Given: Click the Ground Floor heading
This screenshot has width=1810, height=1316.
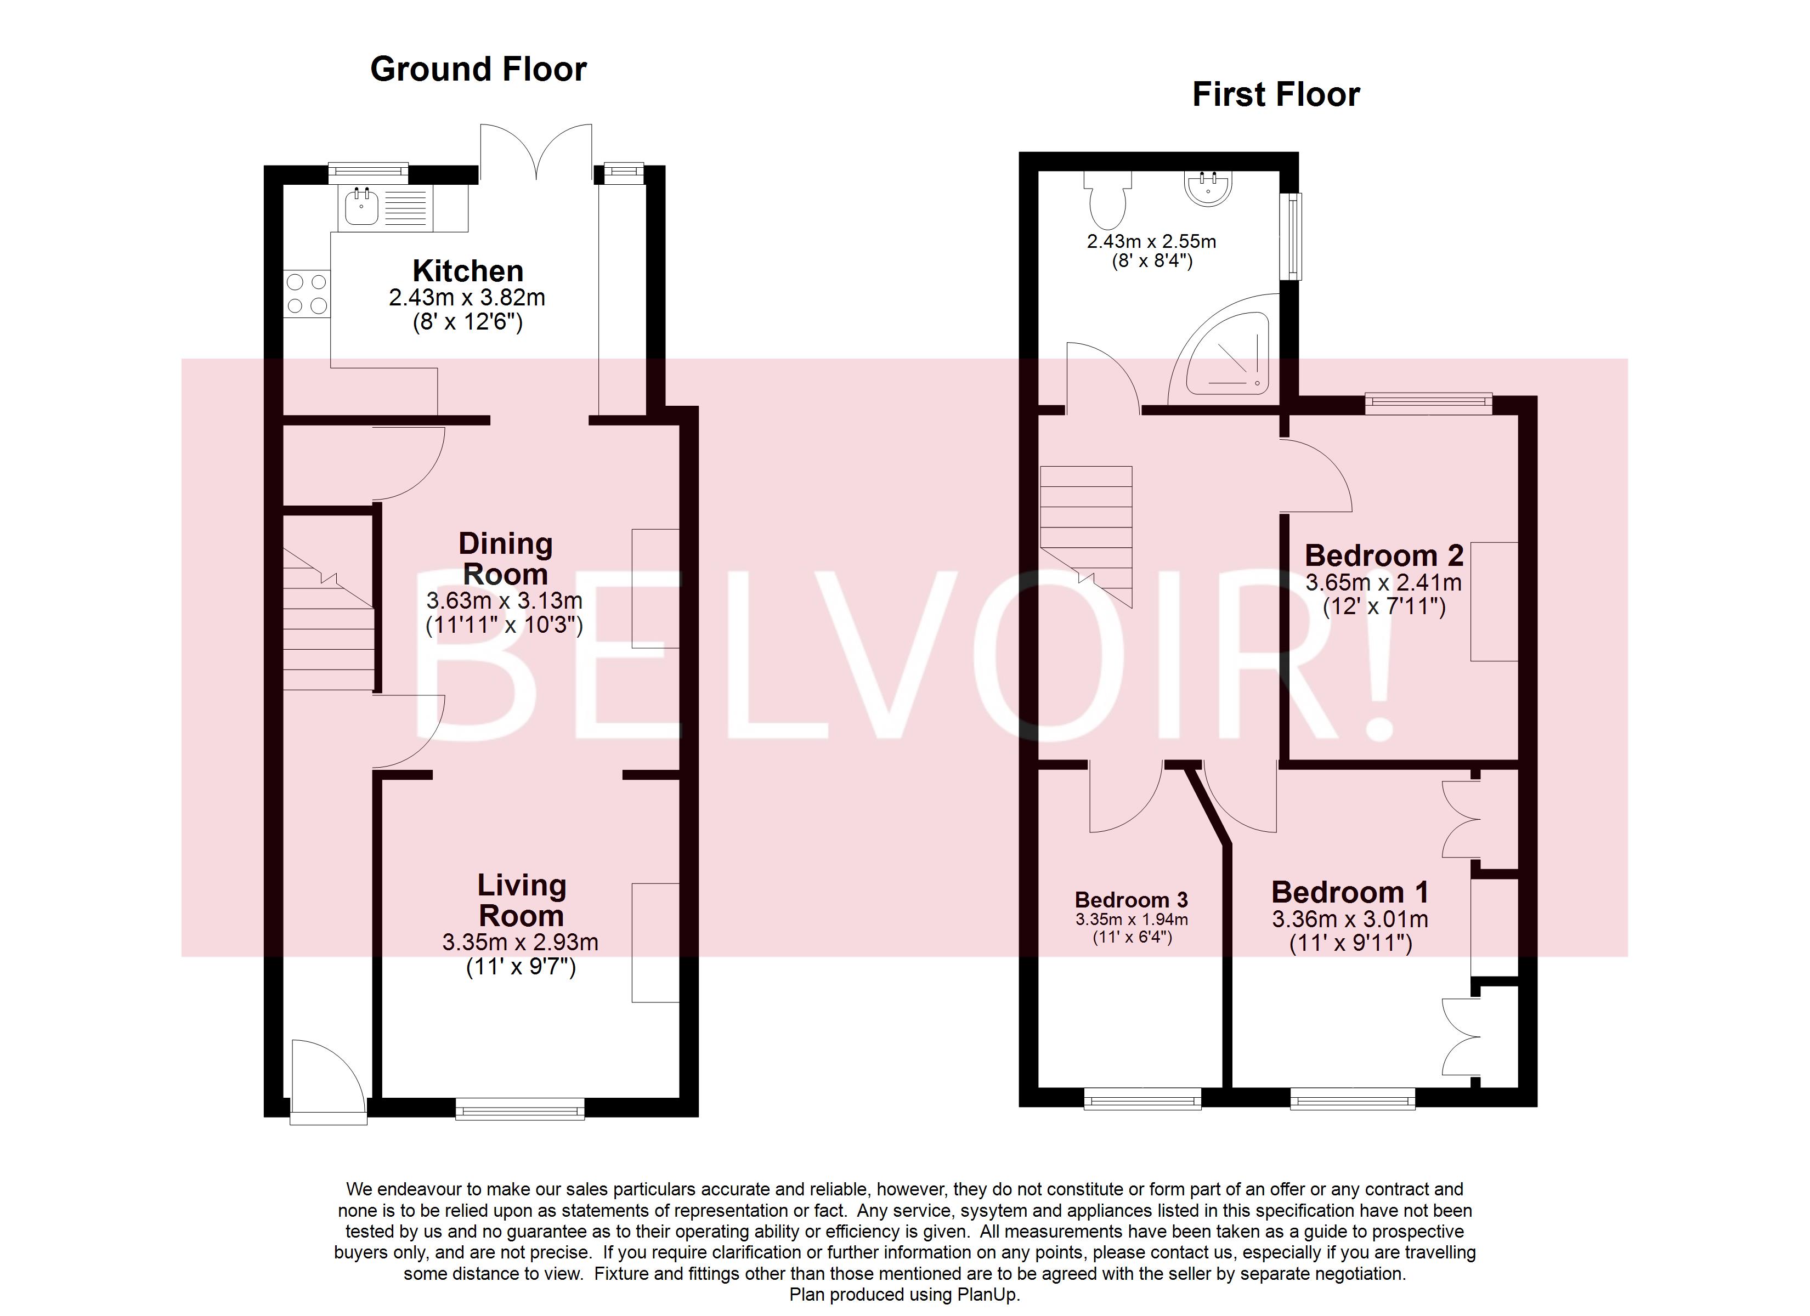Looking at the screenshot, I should coord(478,70).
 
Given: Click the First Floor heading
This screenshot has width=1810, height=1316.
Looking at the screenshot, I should coord(1275,95).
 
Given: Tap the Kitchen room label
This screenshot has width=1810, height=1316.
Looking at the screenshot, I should coord(468,270).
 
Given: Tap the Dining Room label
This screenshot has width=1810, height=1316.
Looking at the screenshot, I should coord(505,559).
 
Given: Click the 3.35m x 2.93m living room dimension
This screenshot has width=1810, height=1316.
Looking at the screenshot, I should coord(521,943).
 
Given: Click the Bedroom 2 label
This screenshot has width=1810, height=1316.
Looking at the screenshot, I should coord(1384,555).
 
